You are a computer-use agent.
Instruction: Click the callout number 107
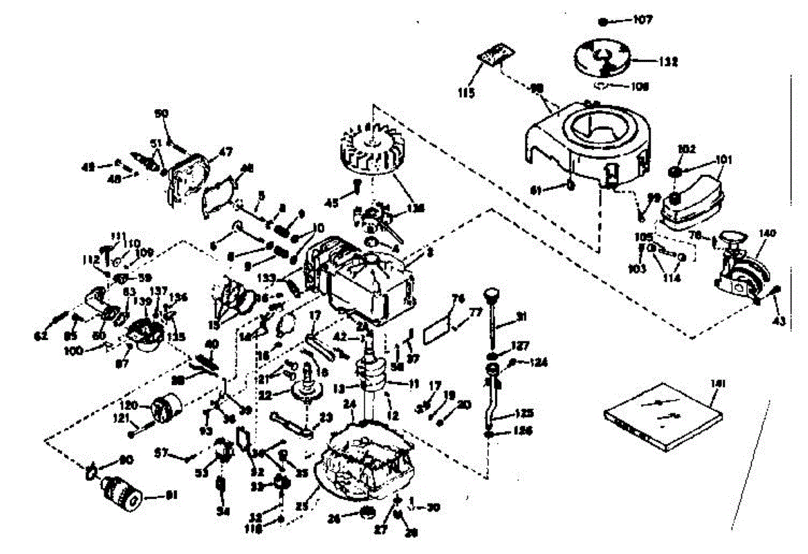click(x=643, y=20)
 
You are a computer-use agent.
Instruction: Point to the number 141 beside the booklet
click(x=718, y=384)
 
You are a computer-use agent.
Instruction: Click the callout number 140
click(x=768, y=233)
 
